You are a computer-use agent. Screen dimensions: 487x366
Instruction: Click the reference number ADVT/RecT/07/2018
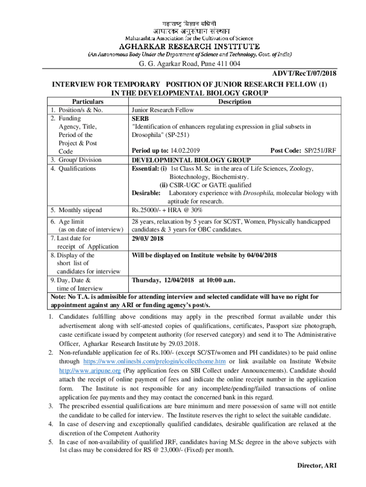[304, 74]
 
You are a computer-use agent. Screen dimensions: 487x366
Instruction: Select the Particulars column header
[87, 102]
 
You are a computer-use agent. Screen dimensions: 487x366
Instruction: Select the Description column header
[235, 102]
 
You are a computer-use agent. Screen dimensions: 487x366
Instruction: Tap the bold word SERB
[140, 118]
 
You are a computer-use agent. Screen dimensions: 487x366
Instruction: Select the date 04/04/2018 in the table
[261, 255]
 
